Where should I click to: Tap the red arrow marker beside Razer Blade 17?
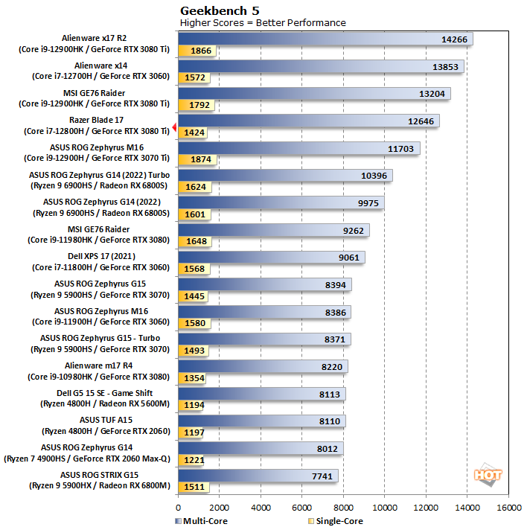(174, 128)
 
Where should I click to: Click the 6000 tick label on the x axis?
(302, 508)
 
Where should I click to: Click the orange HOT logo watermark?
(488, 474)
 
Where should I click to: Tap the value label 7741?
(320, 475)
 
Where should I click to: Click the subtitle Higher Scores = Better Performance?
(263, 22)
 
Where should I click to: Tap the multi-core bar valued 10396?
(285, 176)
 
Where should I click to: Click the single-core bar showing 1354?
(193, 377)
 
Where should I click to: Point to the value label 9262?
(352, 230)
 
